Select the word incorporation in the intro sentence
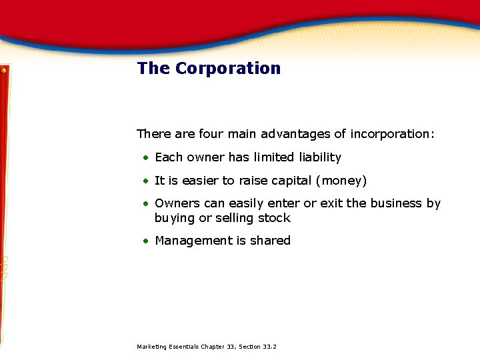(392, 134)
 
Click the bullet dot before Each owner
(145, 158)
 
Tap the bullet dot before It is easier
(145, 181)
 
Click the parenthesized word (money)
(341, 181)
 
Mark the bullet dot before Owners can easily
(145, 204)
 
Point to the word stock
(274, 218)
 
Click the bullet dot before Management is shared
(145, 241)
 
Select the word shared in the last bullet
(270, 241)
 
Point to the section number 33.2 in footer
(270, 347)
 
